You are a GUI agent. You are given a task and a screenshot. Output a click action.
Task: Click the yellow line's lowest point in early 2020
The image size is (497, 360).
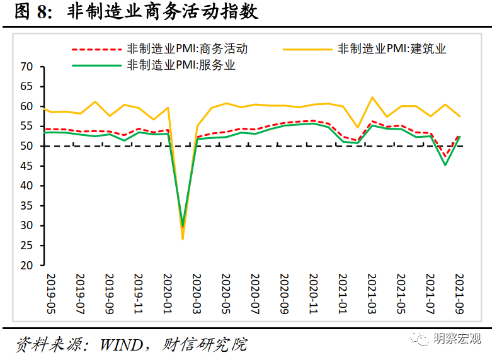[183, 239]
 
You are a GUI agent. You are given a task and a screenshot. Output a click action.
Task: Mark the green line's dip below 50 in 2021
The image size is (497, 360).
[445, 165]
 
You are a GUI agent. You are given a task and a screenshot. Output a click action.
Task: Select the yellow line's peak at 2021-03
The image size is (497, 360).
[372, 98]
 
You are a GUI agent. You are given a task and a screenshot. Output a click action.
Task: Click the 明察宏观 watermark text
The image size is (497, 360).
[457, 339]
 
